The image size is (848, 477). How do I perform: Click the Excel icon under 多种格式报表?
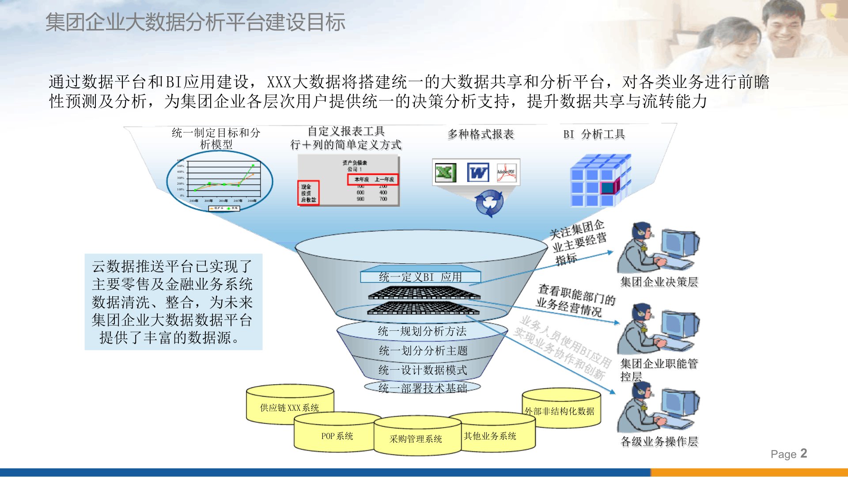coord(445,172)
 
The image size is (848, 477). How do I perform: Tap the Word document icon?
coord(478,173)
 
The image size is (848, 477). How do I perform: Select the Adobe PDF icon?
coord(506,173)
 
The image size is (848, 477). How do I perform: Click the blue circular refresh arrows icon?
coord(489,203)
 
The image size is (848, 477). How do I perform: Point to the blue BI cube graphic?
coord(600,181)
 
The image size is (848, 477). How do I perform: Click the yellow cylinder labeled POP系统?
coord(337,436)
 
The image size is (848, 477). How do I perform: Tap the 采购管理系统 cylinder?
coord(416,439)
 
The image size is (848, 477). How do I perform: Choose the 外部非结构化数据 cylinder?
coord(560,411)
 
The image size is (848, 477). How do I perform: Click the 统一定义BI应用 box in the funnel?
coord(420,277)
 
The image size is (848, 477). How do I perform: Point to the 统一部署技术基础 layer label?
coord(423,388)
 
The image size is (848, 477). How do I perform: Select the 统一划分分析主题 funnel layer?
coord(423,351)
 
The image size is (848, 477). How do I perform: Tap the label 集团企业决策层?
coord(659,282)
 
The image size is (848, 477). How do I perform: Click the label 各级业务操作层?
coord(659,441)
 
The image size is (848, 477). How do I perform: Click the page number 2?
coord(803,453)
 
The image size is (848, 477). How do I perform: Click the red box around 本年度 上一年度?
coord(373,179)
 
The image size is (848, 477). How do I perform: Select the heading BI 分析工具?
coord(594,134)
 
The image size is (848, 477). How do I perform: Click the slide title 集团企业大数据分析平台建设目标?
coord(195,22)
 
